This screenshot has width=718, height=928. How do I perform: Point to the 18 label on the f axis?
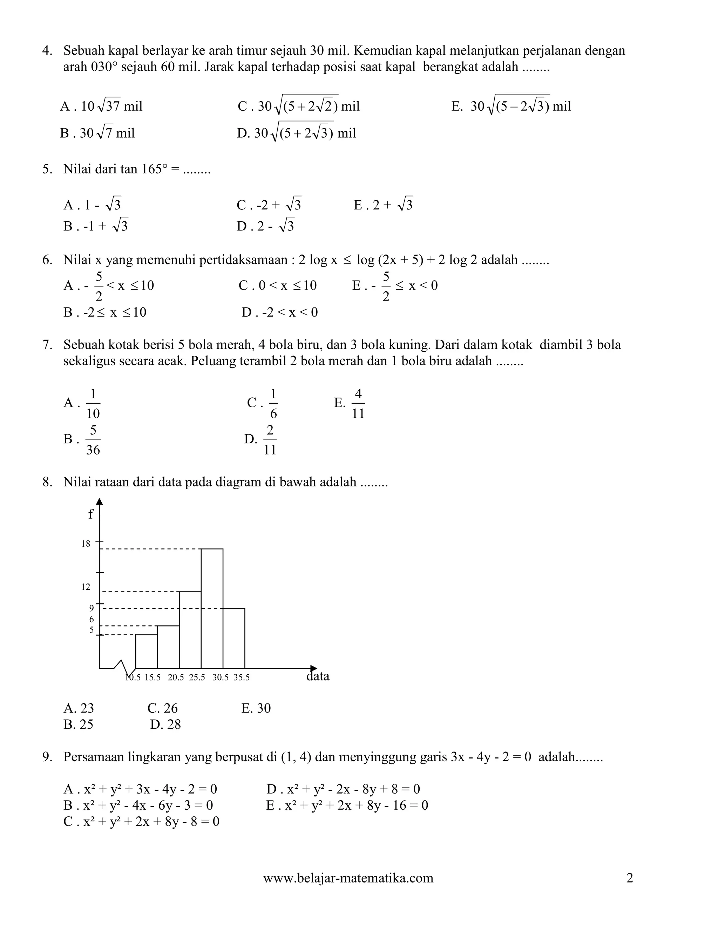[86, 544]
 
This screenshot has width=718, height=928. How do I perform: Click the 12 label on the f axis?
[86, 587]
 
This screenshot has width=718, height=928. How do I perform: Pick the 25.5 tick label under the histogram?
[197, 678]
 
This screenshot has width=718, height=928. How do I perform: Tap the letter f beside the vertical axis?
[90, 514]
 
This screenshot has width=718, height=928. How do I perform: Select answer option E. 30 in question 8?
[256, 708]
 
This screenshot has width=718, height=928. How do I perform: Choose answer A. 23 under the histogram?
[79, 708]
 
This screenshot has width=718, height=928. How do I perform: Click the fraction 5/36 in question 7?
[93, 440]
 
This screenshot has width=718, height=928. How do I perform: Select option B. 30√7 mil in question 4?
[97, 133]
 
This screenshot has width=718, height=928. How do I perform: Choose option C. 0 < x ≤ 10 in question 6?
[278, 285]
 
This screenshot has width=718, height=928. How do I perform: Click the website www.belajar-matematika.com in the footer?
[348, 878]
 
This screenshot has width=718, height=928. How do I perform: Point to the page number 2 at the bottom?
[630, 878]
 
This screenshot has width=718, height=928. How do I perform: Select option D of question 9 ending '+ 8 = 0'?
[343, 789]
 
